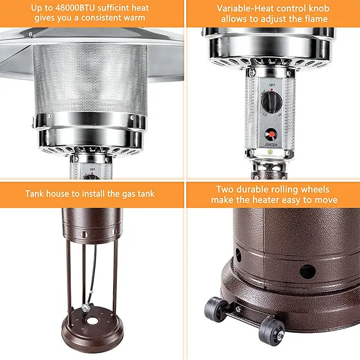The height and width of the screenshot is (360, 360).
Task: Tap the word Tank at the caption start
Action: [x=35, y=194]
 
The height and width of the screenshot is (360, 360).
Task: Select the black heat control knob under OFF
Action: [x=272, y=103]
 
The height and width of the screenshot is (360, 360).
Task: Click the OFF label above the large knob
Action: [x=272, y=85]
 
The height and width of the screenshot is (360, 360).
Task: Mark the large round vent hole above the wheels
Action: [x=308, y=272]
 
